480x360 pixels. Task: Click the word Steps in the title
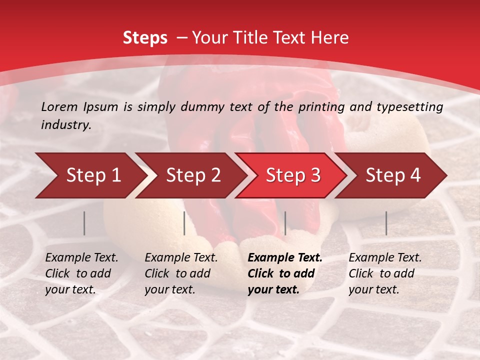[145, 38]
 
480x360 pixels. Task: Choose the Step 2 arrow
[193, 175]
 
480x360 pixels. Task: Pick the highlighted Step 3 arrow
[293, 175]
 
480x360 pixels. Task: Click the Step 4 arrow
[393, 175]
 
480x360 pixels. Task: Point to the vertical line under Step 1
[84, 223]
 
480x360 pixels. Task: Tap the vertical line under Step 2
[184, 223]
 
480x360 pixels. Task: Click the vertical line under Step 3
[285, 223]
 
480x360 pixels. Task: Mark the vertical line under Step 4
[386, 223]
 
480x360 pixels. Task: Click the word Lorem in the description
[59, 106]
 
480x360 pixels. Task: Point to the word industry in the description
[65, 124]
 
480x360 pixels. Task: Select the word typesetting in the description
[413, 106]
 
